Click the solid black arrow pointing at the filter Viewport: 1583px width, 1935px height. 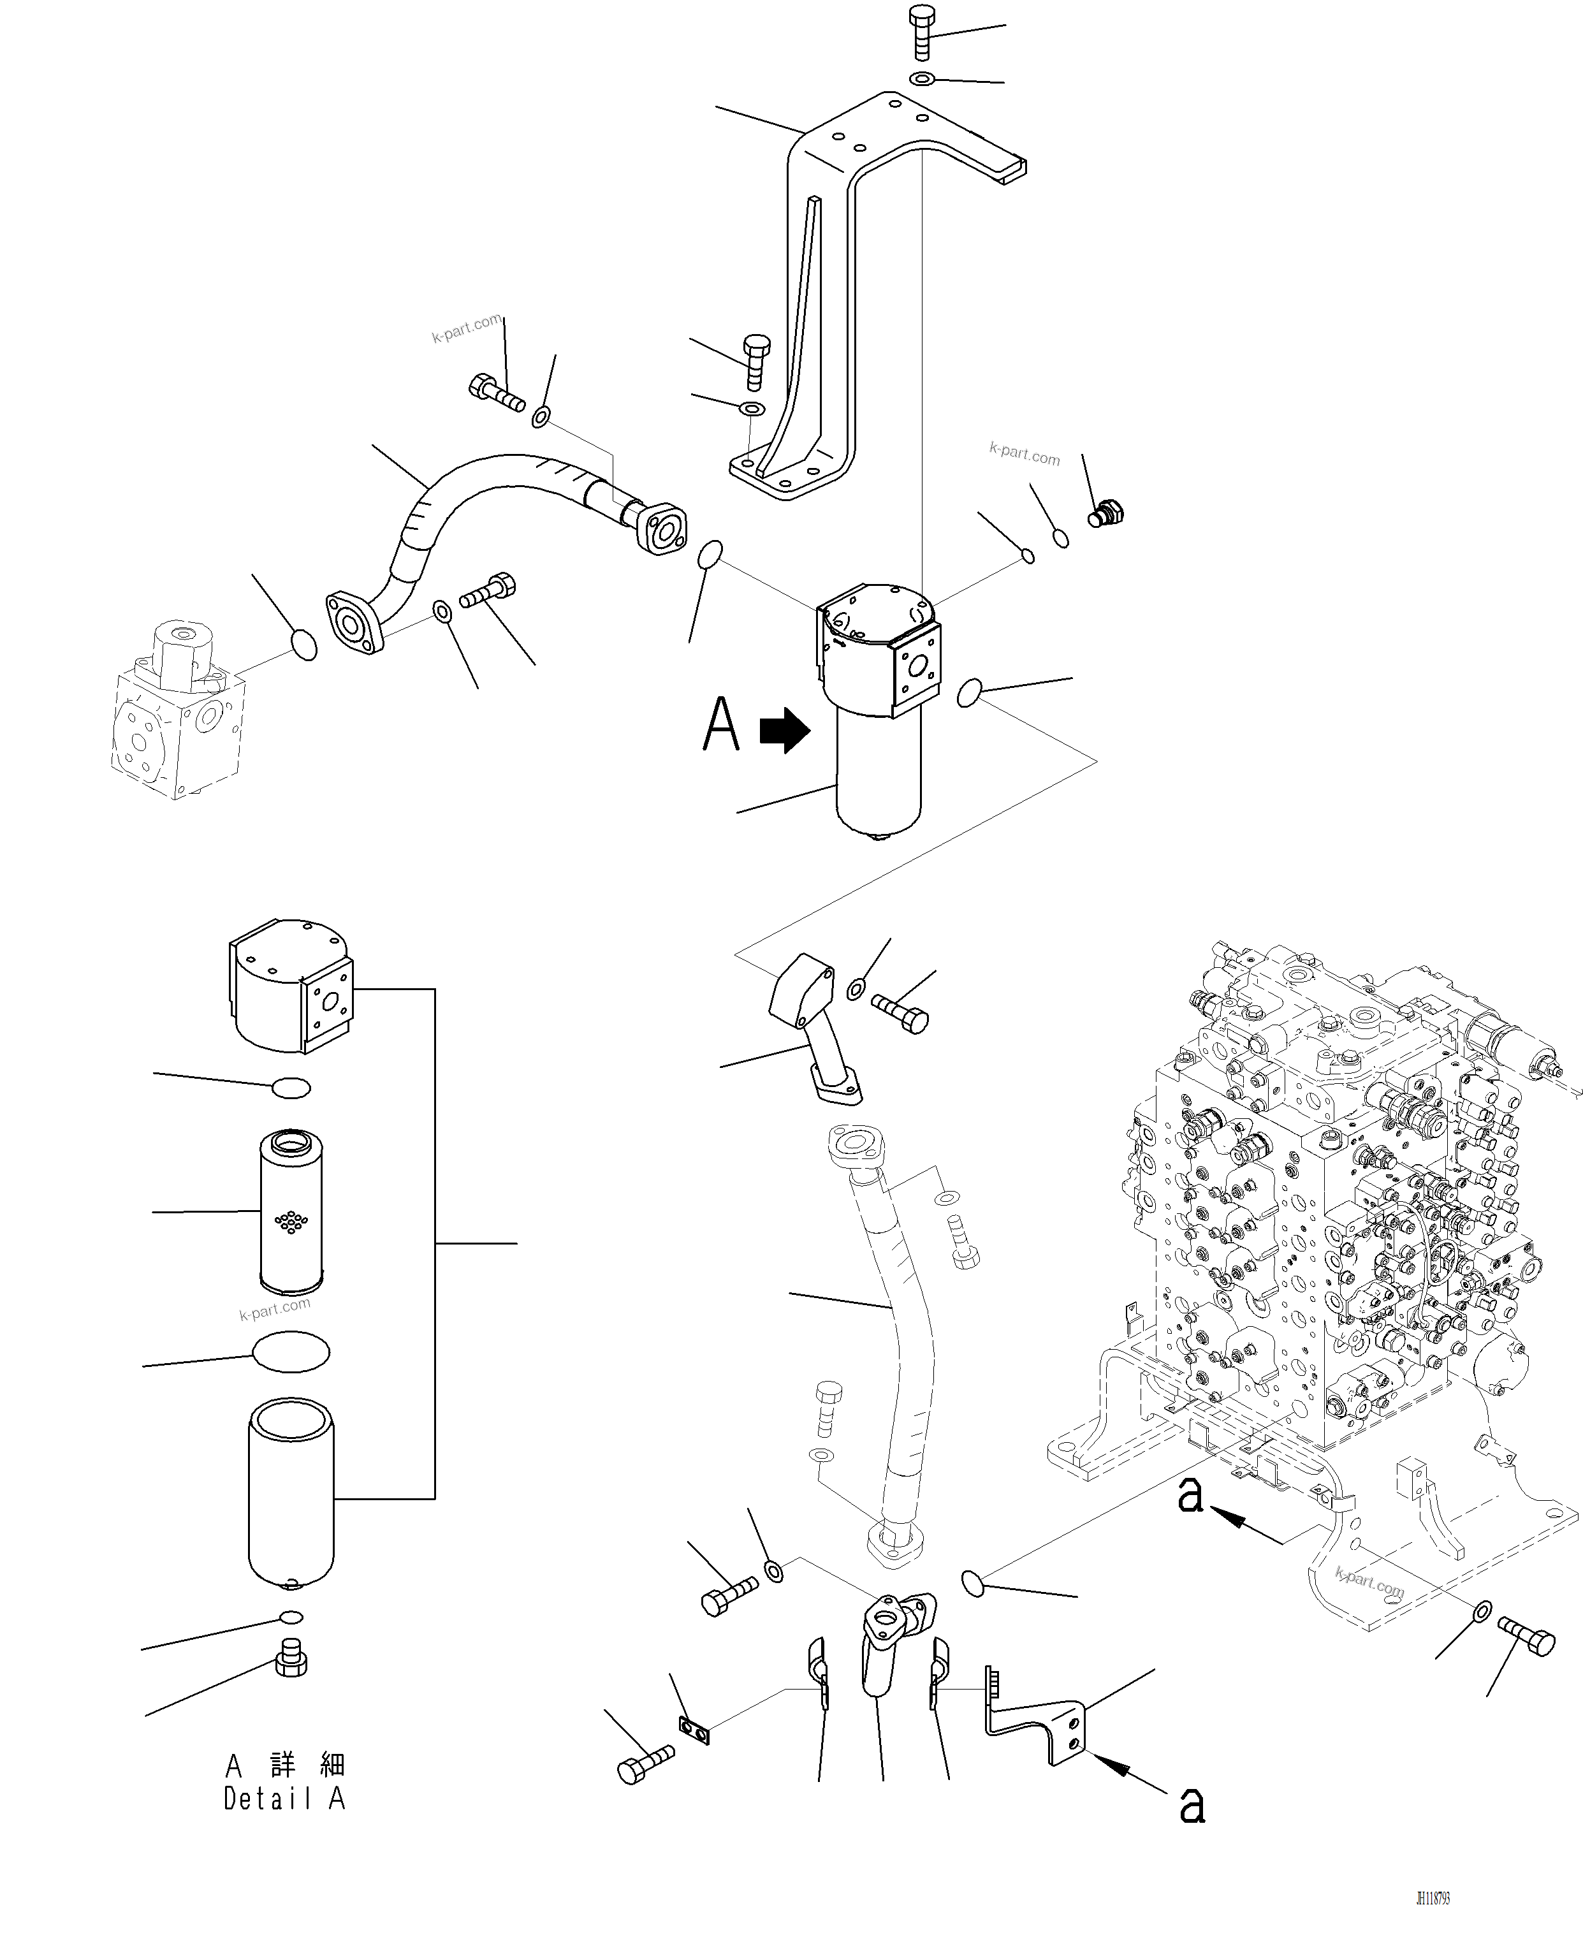[x=784, y=731]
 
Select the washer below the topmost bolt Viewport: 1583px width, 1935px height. [x=922, y=79]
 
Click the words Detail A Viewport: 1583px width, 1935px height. [x=284, y=1799]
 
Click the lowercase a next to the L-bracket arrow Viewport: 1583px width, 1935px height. [x=1192, y=1804]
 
